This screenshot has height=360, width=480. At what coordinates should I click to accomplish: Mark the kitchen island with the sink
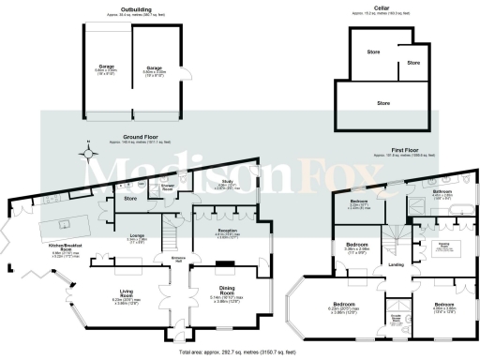coord(65,223)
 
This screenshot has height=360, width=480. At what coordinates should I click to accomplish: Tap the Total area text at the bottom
coord(240,352)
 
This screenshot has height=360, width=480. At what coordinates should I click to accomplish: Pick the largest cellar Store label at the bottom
coord(383,101)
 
